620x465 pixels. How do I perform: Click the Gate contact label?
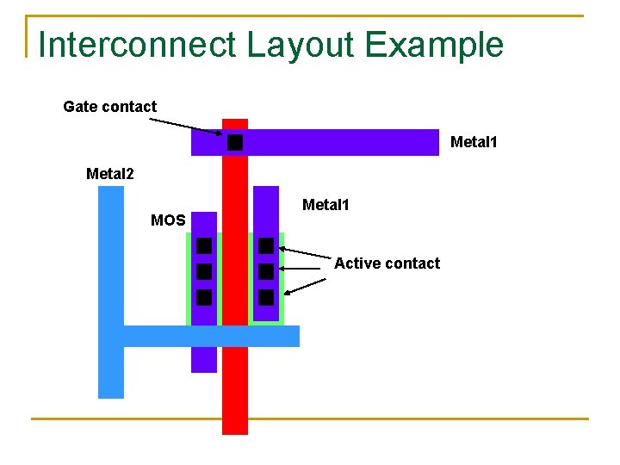(109, 107)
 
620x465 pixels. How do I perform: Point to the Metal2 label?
(110, 174)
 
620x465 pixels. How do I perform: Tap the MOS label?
(168, 220)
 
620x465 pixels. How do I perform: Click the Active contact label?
(387, 263)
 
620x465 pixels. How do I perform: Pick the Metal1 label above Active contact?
(325, 205)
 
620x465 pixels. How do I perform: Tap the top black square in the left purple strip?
(204, 245)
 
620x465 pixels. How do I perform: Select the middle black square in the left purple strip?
(204, 271)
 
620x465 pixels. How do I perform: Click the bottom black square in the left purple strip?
(204, 298)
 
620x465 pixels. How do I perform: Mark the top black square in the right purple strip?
(266, 245)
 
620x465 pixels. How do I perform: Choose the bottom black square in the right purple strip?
(266, 298)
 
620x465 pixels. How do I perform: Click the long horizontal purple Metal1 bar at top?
(344, 142)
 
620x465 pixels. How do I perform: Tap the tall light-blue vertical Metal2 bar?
(111, 258)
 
